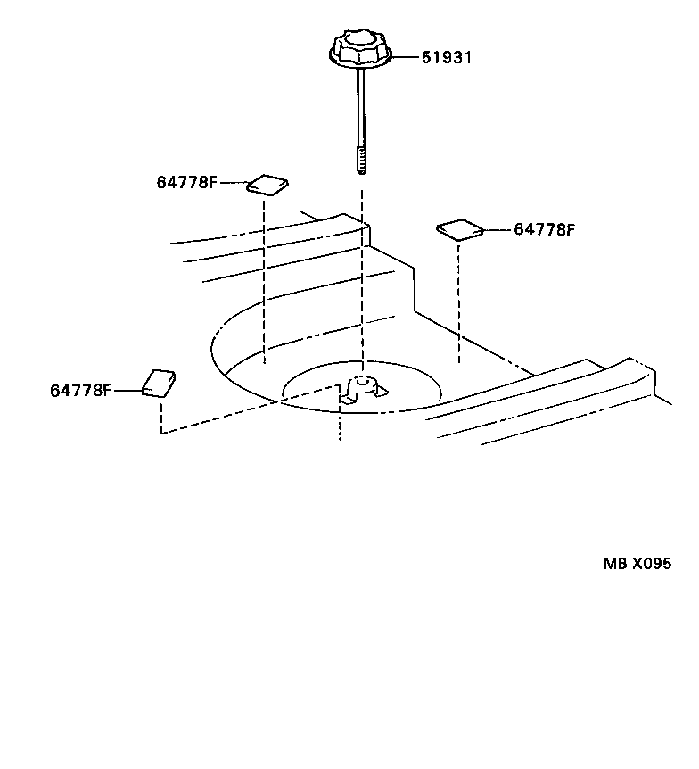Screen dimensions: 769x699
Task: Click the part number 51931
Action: click(x=446, y=58)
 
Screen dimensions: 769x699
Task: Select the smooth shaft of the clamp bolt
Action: click(x=361, y=107)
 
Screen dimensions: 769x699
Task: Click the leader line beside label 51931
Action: click(x=407, y=58)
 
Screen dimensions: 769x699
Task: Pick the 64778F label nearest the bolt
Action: click(x=186, y=183)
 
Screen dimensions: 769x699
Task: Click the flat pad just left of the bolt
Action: click(x=267, y=185)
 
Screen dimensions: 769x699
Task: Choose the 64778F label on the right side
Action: click(x=544, y=229)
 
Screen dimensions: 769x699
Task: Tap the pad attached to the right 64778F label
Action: click(x=460, y=230)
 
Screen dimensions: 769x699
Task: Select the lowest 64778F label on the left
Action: click(x=80, y=390)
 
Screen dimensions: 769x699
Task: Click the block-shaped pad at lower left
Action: click(x=160, y=384)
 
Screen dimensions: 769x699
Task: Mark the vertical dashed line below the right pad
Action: click(x=459, y=303)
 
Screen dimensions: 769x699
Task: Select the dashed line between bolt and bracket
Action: click(x=362, y=268)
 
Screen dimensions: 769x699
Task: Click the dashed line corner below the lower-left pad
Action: click(x=161, y=433)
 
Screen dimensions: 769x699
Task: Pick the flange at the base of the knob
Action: click(x=361, y=60)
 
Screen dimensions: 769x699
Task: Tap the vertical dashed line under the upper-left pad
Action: click(x=265, y=277)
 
